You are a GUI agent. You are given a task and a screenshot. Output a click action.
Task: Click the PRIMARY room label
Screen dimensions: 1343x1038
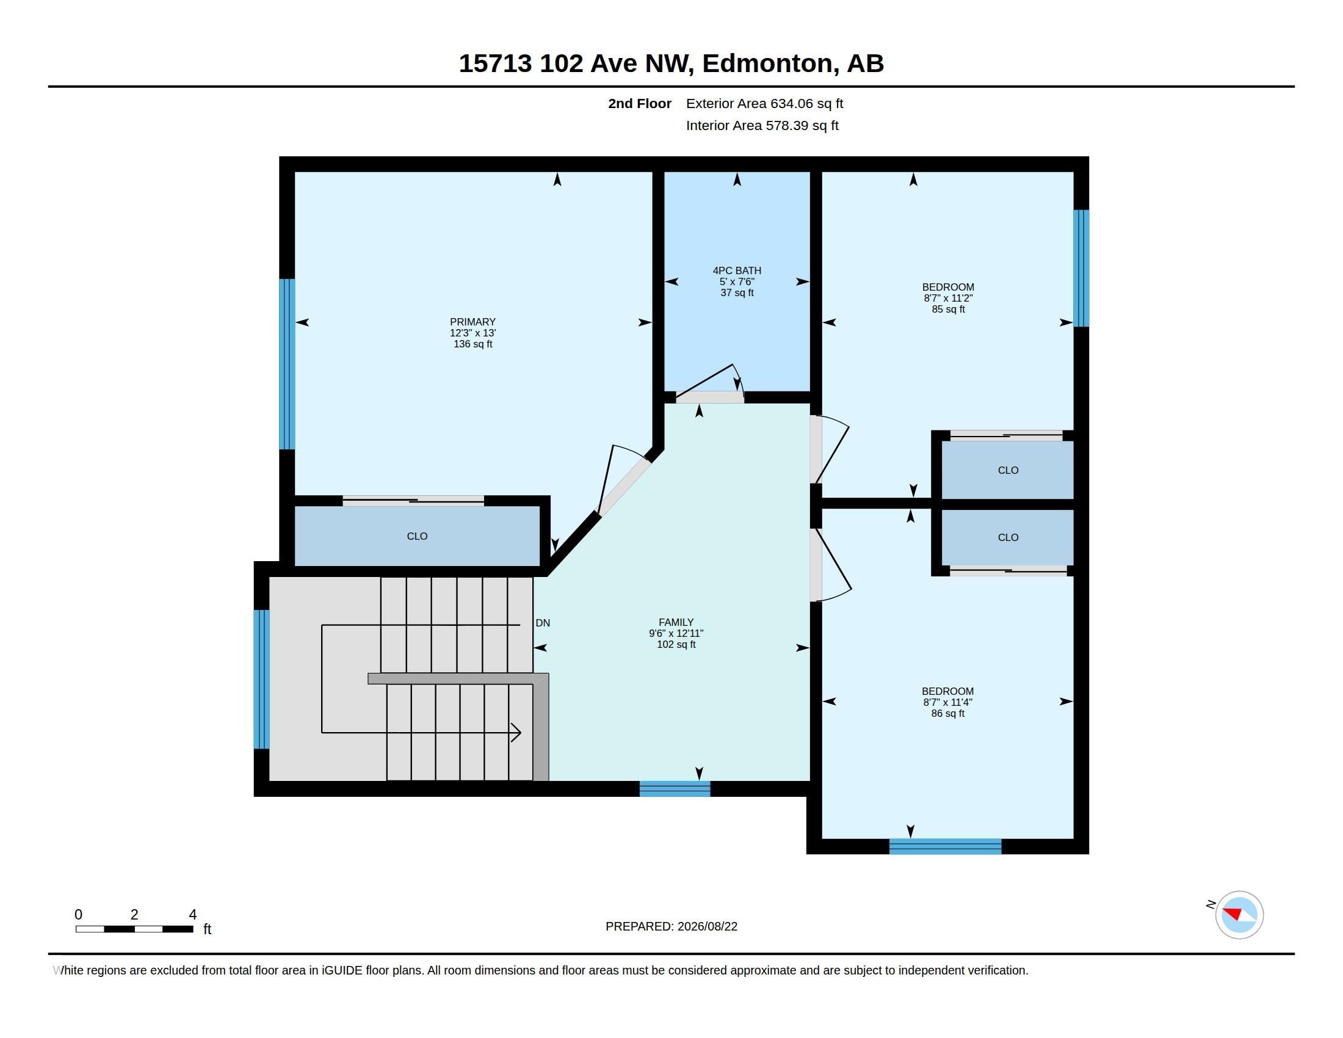[472, 322]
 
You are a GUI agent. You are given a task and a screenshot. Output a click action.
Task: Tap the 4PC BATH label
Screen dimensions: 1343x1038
[737, 270]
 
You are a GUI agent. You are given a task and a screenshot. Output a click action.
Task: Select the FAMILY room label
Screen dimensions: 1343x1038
[676, 622]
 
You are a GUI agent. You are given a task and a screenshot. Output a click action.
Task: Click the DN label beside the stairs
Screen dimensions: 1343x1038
[542, 623]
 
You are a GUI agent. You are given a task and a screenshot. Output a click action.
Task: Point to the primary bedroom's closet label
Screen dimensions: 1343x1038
[417, 536]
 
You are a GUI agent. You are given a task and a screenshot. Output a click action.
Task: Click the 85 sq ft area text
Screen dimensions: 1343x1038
[948, 310]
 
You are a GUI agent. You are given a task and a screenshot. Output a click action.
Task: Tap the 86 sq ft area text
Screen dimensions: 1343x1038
[947, 713]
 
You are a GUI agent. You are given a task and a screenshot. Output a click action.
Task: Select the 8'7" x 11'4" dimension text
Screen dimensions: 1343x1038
[947, 702]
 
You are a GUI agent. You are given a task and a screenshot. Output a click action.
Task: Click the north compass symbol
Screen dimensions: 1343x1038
[1239, 915]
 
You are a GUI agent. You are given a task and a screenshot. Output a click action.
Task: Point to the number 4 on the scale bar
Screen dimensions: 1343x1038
[192, 915]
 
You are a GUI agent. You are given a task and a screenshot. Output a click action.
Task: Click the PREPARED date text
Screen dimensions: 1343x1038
[671, 926]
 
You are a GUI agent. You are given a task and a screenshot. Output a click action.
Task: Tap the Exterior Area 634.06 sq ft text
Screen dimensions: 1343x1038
[764, 103]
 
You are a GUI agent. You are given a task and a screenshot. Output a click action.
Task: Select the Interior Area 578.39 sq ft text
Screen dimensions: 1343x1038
[762, 125]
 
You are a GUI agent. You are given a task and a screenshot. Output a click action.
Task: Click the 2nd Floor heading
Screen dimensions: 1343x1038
[640, 103]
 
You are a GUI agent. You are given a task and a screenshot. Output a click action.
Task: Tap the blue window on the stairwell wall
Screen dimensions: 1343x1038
[261, 679]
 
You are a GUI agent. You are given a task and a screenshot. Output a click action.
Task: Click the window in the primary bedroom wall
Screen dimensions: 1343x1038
[287, 364]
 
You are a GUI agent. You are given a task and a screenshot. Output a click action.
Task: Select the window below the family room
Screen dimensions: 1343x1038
[675, 789]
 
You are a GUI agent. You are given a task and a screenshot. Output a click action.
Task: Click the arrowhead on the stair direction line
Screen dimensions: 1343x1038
[516, 732]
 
